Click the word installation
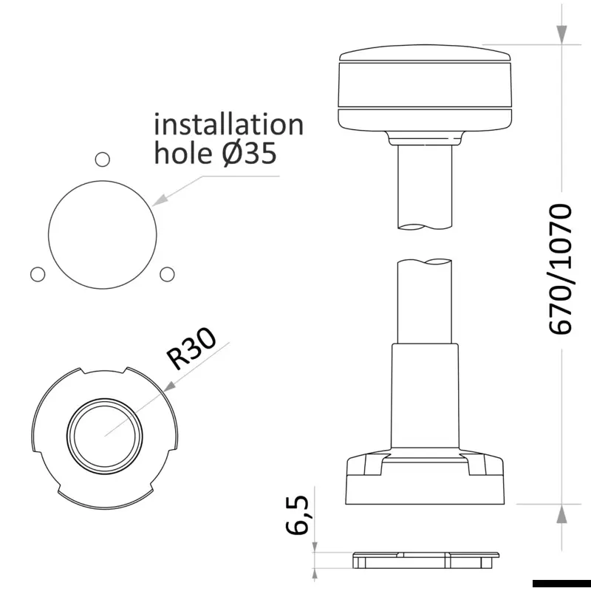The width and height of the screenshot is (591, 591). tap(229, 124)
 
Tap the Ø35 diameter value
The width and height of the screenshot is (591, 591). tap(249, 154)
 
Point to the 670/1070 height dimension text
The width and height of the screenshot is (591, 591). tap(560, 269)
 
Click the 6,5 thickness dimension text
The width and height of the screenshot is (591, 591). tap(297, 515)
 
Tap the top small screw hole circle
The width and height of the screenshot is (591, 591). tap(102, 160)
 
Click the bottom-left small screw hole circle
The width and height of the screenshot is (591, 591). tap(38, 274)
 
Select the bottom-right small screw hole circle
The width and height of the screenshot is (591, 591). tap(167, 274)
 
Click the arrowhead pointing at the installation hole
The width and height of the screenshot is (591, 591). tap(159, 200)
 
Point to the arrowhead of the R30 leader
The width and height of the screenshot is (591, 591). tap(170, 386)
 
